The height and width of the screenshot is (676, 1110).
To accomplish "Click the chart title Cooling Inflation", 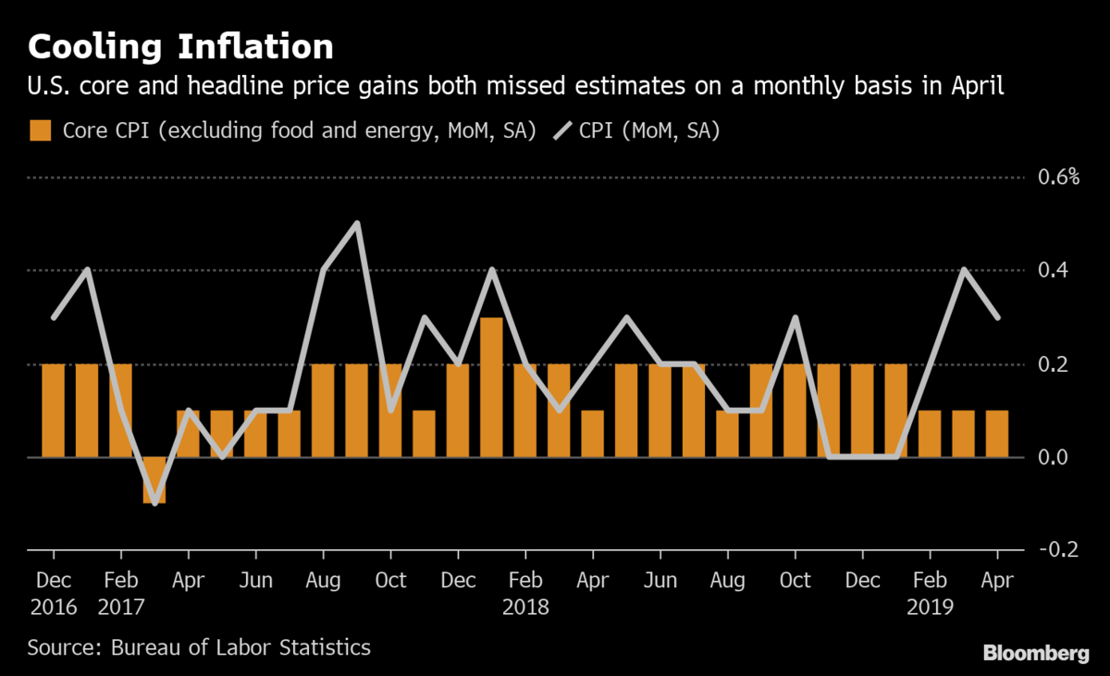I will [x=180, y=46].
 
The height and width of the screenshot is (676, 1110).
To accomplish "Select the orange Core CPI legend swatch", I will [x=40, y=130].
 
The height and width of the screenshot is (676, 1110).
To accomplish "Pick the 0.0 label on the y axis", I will [x=1059, y=457].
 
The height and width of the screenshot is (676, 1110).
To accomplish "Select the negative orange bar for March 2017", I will [x=154, y=480].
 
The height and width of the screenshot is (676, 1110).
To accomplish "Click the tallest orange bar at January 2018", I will [x=492, y=387].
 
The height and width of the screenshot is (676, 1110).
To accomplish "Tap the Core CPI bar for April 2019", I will [x=996, y=434].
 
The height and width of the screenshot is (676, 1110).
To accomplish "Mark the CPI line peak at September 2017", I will [x=357, y=223].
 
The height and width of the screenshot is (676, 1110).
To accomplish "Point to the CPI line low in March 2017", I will [x=154, y=504].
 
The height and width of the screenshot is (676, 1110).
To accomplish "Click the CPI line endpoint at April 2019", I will [x=997, y=317].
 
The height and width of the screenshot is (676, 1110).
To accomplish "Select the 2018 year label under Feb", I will [x=526, y=607].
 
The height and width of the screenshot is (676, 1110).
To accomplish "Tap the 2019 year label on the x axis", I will [x=930, y=607].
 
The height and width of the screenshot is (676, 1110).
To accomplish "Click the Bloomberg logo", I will [x=1035, y=654].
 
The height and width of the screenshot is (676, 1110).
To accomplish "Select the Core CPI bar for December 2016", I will [x=54, y=411].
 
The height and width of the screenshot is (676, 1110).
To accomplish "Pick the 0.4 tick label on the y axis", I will [x=1059, y=270].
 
